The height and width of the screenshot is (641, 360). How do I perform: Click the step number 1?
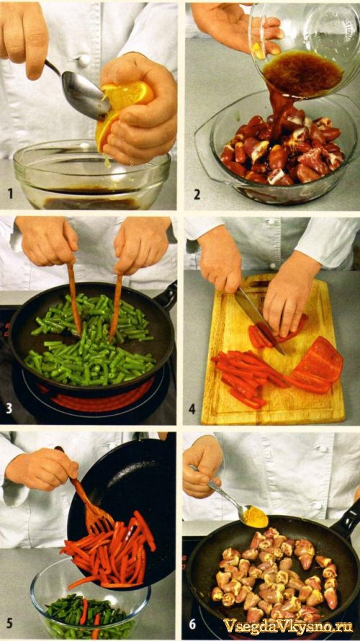(10, 193)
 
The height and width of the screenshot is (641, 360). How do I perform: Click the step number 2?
(197, 194)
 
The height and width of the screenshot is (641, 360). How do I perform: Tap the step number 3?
(9, 408)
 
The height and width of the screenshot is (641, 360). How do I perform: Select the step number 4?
(192, 408)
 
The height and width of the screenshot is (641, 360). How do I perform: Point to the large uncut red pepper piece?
(318, 365)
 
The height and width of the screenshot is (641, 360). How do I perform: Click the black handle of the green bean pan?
(166, 297)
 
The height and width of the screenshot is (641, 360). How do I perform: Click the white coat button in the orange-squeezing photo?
(84, 60)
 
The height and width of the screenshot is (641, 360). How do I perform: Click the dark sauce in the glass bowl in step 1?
(92, 202)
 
